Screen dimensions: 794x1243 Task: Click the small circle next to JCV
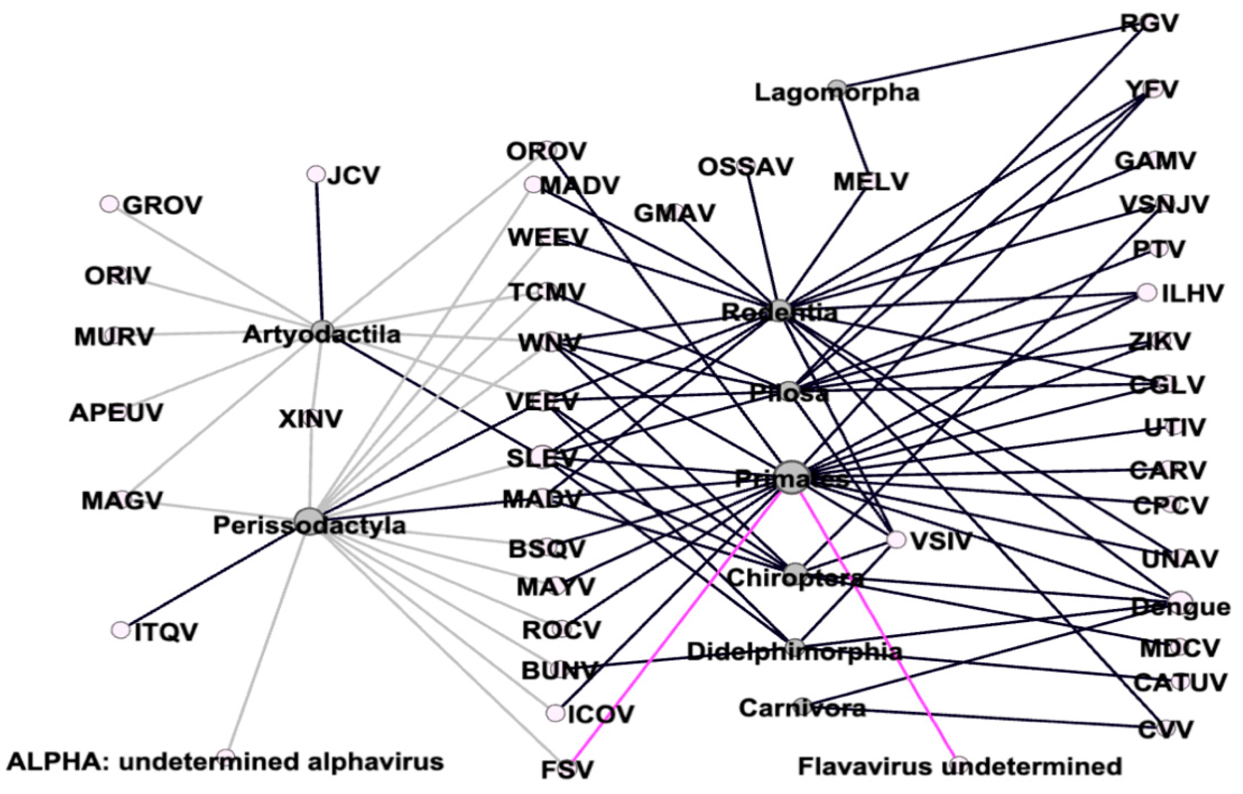[x=315, y=174]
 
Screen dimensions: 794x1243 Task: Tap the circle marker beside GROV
[x=109, y=204]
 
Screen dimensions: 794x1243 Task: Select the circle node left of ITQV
[x=120, y=630]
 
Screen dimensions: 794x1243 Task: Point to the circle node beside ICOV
[x=555, y=713]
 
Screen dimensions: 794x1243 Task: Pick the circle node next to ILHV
[x=1147, y=292]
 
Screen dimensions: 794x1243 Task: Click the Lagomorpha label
[x=837, y=93]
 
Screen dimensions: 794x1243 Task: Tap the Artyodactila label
[x=322, y=335]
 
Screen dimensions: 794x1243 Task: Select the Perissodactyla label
[x=310, y=526]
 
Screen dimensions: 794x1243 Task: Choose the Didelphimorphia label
[x=795, y=652]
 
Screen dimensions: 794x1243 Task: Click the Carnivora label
[x=802, y=708]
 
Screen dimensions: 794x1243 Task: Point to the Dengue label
[x=1180, y=607]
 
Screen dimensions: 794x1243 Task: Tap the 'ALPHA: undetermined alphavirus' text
[x=225, y=762]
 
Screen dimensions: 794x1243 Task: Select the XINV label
[x=310, y=419]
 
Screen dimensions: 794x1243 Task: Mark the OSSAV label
[x=745, y=167]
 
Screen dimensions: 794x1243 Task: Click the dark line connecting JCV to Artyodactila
[x=319, y=248]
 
